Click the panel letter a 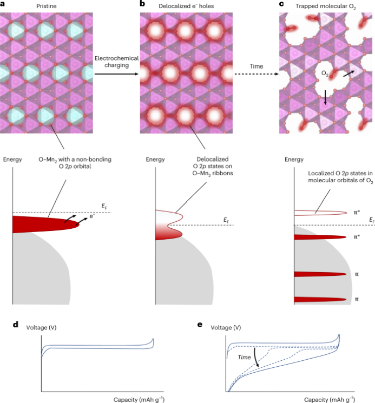pyautogui.click(x=2, y=4)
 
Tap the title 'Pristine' pyautogui.click(x=46, y=6)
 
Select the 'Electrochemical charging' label pyautogui.click(x=116, y=62)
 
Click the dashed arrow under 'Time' pyautogui.click(x=256, y=74)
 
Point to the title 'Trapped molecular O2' pyautogui.click(x=326, y=6)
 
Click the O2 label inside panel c pyautogui.click(x=325, y=74)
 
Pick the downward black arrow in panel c pyautogui.click(x=325, y=97)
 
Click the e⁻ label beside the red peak pyautogui.click(x=92, y=216)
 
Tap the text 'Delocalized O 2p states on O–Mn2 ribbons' pyautogui.click(x=213, y=166)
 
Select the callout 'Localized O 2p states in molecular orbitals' pyautogui.click(x=340, y=177)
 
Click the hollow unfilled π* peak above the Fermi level pyautogui.click(x=321, y=213)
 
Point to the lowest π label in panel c pyautogui.click(x=357, y=299)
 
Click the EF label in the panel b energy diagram pyautogui.click(x=226, y=220)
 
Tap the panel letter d pyautogui.click(x=16, y=325)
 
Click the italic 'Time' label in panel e pyautogui.click(x=244, y=357)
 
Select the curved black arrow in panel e pyautogui.click(x=256, y=357)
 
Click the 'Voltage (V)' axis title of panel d pyautogui.click(x=41, y=327)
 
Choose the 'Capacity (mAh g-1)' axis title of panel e pyautogui.click(x=330, y=400)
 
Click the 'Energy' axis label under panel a pyautogui.click(x=12, y=160)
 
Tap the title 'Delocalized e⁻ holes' pyautogui.click(x=186, y=6)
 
